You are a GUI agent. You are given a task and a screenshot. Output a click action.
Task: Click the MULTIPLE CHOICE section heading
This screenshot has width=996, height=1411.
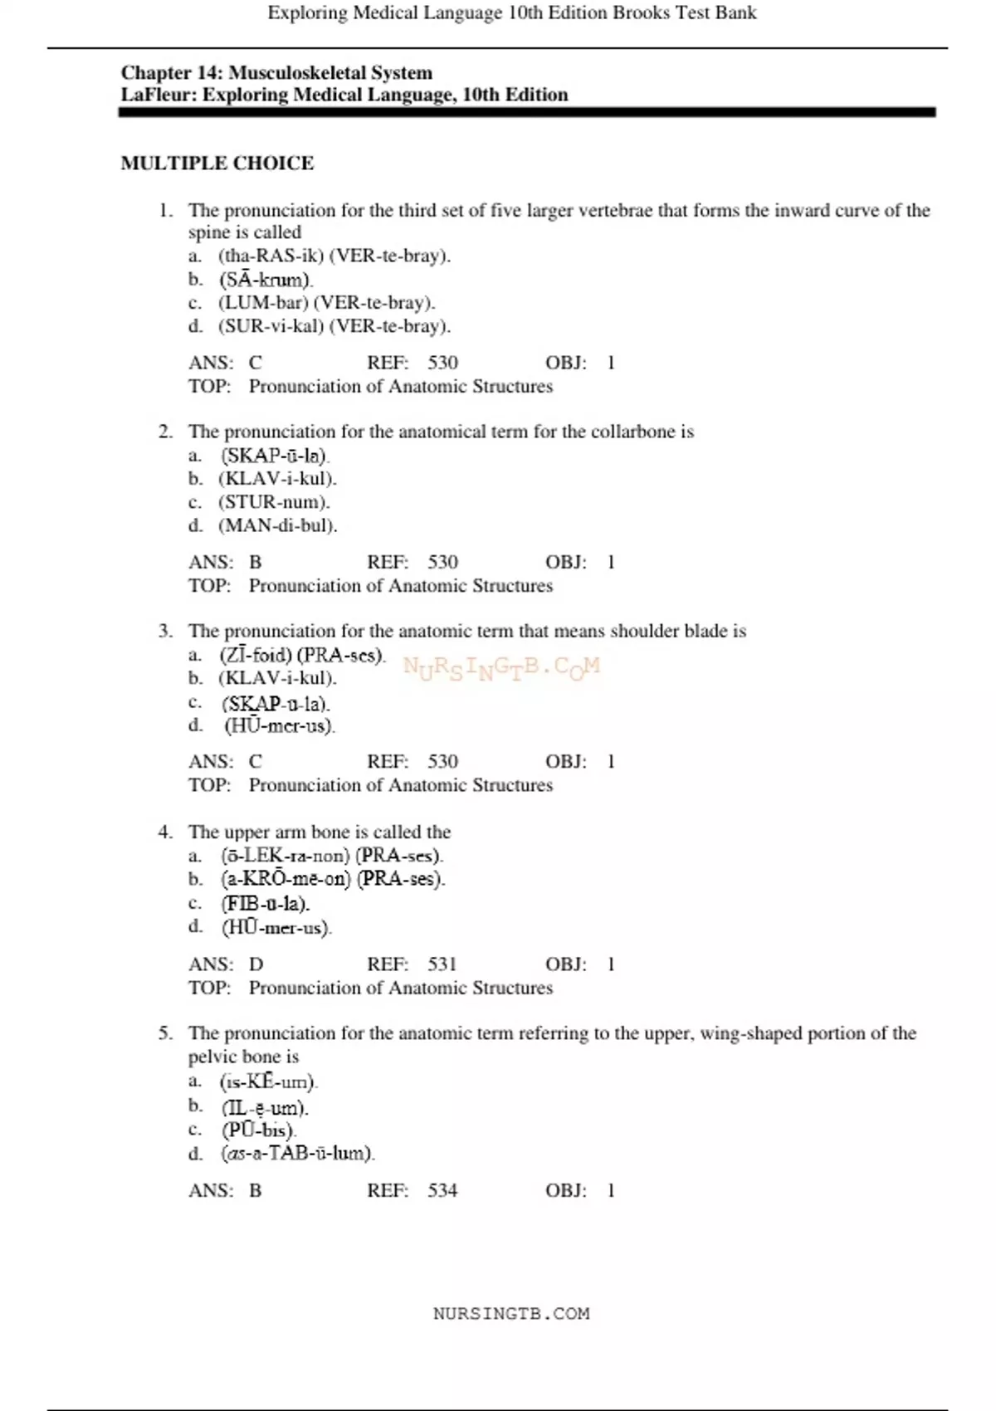tap(217, 163)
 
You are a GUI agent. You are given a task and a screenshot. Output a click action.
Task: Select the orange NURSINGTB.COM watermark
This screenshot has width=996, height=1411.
tap(501, 667)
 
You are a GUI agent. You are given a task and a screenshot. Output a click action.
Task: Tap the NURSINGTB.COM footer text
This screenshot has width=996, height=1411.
tap(511, 1313)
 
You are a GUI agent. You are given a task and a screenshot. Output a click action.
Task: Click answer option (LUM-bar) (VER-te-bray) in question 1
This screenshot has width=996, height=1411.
tap(326, 302)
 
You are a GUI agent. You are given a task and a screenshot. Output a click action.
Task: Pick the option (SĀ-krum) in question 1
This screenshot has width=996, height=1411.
tap(266, 280)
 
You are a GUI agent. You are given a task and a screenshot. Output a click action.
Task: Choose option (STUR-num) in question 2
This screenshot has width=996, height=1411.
tap(274, 501)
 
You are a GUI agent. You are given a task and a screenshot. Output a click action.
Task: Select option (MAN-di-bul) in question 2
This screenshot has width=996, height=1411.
tap(277, 525)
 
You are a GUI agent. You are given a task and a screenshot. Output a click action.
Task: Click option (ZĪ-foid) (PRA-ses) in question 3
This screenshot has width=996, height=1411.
tap(302, 655)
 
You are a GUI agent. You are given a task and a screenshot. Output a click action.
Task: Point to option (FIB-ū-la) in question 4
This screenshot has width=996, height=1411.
tap(265, 903)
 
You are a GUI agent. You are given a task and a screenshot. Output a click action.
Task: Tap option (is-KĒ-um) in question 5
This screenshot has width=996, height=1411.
tap(269, 1081)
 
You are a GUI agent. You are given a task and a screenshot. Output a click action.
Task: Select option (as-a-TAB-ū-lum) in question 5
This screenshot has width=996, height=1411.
tap(297, 1153)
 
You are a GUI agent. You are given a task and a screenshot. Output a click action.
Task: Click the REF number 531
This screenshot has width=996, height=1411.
tap(442, 964)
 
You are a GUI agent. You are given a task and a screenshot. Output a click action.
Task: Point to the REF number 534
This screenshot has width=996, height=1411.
tap(442, 1190)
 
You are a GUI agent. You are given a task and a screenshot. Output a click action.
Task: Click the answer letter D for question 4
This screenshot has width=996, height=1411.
tap(256, 964)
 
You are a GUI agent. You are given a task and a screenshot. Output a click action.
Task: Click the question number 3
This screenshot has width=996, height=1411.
tap(165, 631)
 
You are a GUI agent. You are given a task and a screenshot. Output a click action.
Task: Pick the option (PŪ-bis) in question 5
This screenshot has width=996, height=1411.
tap(258, 1130)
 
